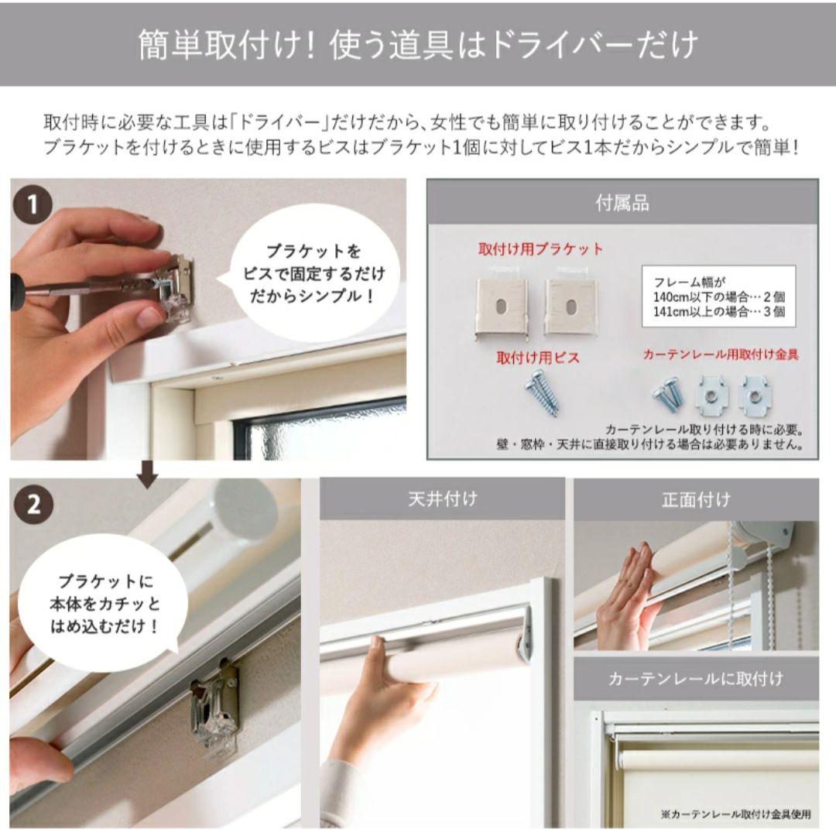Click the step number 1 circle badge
[x=33, y=205]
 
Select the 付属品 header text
[x=622, y=204]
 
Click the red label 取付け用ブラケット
[x=540, y=249]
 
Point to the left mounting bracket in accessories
[x=502, y=307]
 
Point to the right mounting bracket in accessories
[x=570, y=307]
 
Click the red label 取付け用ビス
[x=538, y=358]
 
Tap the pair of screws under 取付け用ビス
[x=542, y=392]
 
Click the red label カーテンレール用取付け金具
[x=720, y=355]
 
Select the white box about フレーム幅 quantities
[x=718, y=296]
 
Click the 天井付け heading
[x=442, y=499]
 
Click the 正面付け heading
[x=695, y=499]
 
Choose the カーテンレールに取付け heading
[x=695, y=679]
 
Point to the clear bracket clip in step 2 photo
[x=214, y=706]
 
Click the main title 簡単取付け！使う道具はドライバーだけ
[x=418, y=45]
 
